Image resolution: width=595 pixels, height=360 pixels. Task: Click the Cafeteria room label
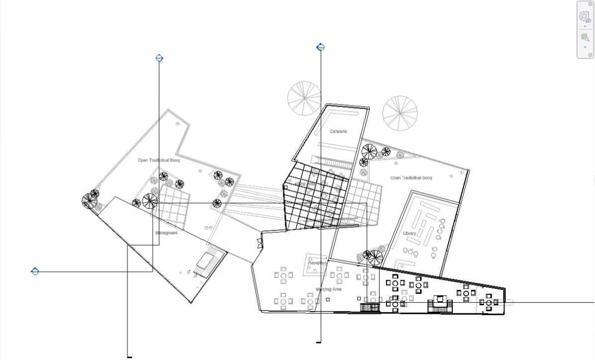338,132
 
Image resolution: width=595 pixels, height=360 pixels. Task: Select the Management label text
166,233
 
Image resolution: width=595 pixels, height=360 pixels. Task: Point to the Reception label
319,263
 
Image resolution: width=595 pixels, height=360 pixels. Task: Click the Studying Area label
328,289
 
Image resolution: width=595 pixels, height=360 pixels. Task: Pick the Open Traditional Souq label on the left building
158,160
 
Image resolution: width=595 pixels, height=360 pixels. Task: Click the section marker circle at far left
35,271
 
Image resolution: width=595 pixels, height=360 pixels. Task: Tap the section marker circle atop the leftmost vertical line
159,58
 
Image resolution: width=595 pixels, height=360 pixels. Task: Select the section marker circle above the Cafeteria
321,47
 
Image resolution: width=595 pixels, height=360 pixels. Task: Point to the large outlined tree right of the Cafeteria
400,113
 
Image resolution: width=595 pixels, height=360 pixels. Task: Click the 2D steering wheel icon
585,17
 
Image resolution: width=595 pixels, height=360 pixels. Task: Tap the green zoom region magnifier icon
585,37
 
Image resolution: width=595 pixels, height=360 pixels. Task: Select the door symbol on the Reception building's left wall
259,243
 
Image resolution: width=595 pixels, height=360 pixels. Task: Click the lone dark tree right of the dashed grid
217,203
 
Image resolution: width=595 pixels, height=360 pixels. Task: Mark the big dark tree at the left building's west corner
90,201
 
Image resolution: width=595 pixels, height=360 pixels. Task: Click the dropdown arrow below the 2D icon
585,26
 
